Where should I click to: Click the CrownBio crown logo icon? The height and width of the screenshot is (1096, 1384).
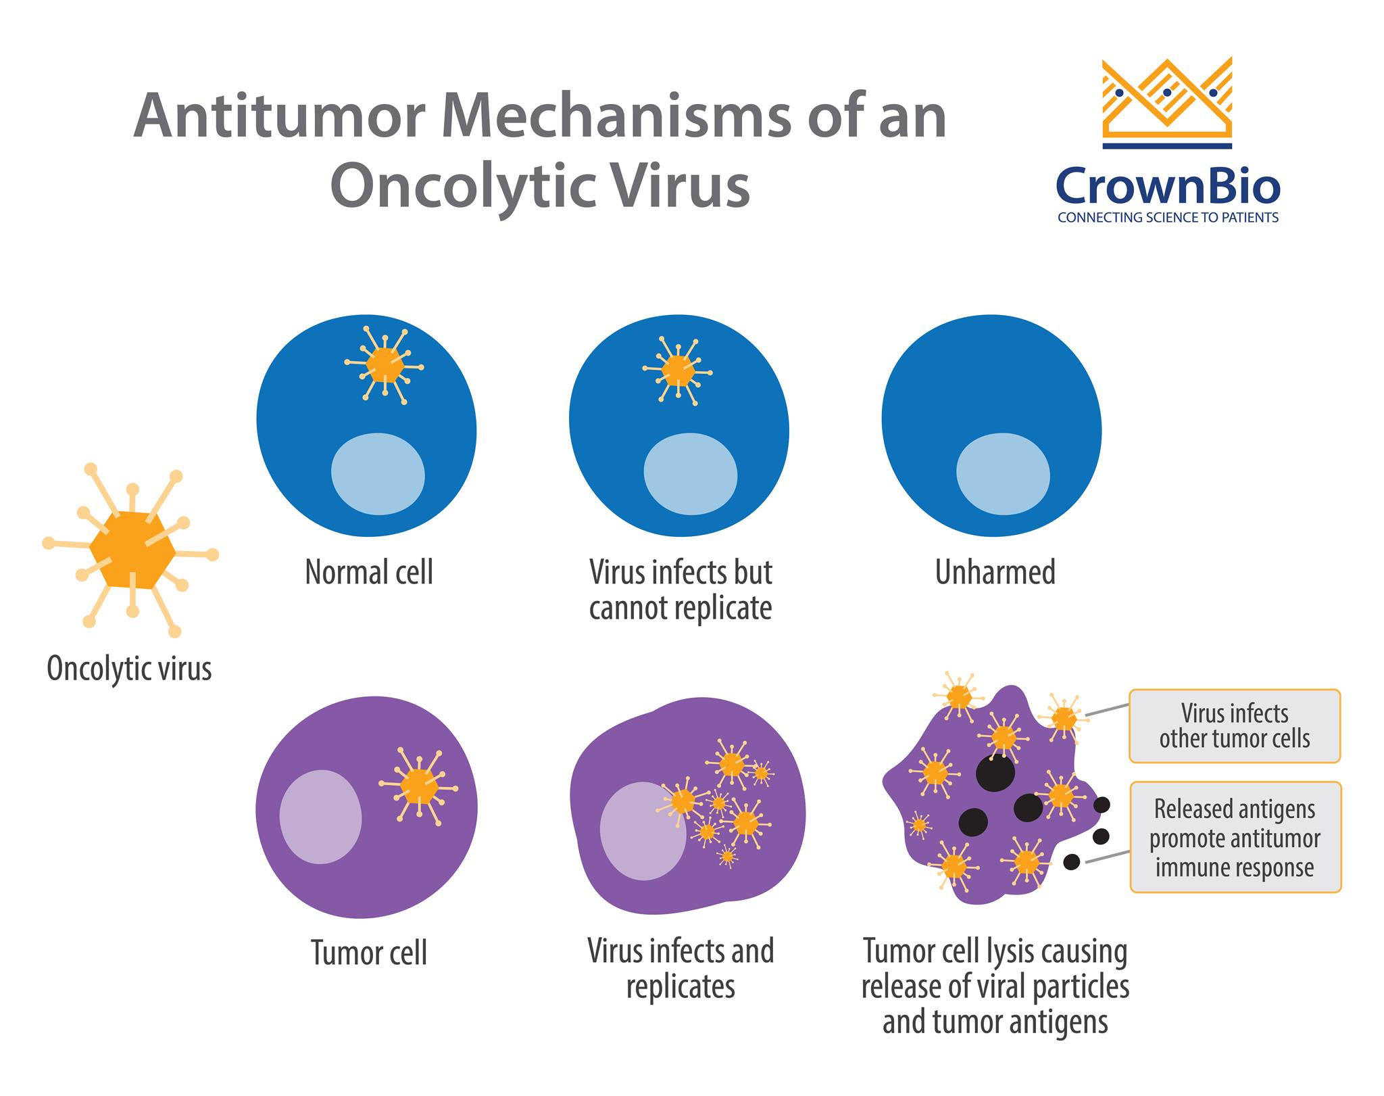(x=1167, y=101)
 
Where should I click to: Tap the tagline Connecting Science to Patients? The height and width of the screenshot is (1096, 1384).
(x=1168, y=218)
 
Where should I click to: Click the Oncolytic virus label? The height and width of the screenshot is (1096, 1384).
(x=129, y=669)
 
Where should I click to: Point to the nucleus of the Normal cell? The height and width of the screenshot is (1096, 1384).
(x=378, y=474)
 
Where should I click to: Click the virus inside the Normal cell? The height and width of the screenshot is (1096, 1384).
(x=385, y=366)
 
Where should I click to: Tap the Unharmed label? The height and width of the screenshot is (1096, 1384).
(x=995, y=573)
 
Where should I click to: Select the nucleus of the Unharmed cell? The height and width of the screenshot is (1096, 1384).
(x=1003, y=474)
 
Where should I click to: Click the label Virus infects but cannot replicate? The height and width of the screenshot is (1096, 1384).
(x=681, y=590)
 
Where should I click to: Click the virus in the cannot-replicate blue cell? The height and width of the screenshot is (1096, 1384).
(x=678, y=371)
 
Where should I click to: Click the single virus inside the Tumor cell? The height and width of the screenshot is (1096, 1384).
(x=418, y=786)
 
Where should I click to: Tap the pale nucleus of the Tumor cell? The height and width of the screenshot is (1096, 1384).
(x=320, y=817)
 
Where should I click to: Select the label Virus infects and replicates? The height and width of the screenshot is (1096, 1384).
(x=681, y=968)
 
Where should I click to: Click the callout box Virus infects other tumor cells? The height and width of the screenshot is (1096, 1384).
(x=1235, y=725)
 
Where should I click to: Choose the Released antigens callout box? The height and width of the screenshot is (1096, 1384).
(x=1235, y=837)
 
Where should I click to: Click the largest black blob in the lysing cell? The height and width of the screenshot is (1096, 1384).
(x=995, y=772)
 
